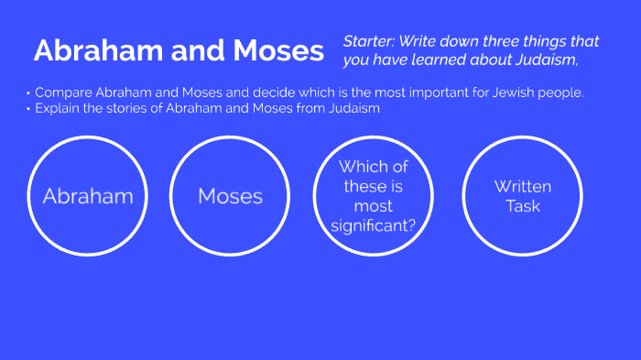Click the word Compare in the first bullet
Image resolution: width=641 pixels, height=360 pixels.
click(x=61, y=93)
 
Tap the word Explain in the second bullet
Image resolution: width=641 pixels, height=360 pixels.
click(x=57, y=108)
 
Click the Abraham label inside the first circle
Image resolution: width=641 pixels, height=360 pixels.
click(x=88, y=196)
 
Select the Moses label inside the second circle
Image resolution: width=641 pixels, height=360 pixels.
click(x=230, y=196)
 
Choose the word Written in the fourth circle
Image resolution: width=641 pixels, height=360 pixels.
click(x=523, y=187)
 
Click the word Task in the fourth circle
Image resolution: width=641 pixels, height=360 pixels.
click(x=523, y=206)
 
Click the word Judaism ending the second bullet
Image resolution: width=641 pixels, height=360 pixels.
click(x=351, y=108)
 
